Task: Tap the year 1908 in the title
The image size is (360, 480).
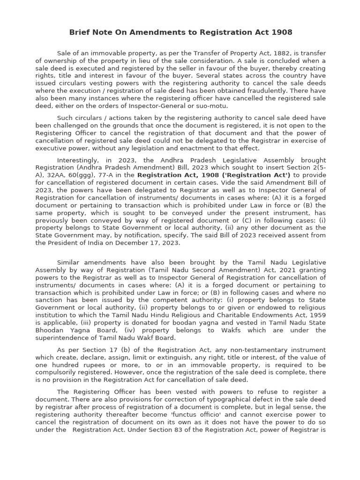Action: pyautogui.click(x=281, y=32)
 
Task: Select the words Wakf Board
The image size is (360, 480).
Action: pyautogui.click(x=159, y=337)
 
